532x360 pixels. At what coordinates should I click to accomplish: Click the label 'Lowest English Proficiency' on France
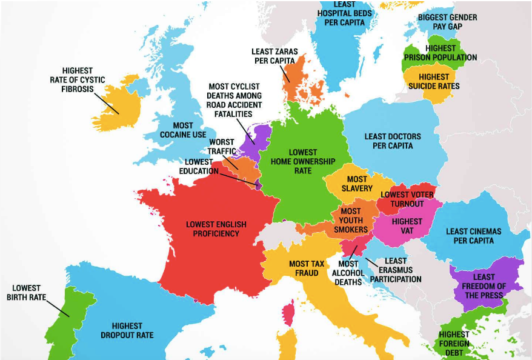point(216,228)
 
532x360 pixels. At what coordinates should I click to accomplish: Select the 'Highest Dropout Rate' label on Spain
point(132,330)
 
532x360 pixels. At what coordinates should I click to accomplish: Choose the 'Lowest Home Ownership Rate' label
point(303,162)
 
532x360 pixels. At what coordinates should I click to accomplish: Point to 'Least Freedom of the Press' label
point(484,286)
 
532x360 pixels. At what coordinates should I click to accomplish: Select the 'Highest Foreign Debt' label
point(454,344)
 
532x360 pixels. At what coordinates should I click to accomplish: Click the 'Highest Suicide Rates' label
point(434,81)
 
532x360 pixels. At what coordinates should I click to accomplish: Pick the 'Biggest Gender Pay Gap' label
point(447,22)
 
